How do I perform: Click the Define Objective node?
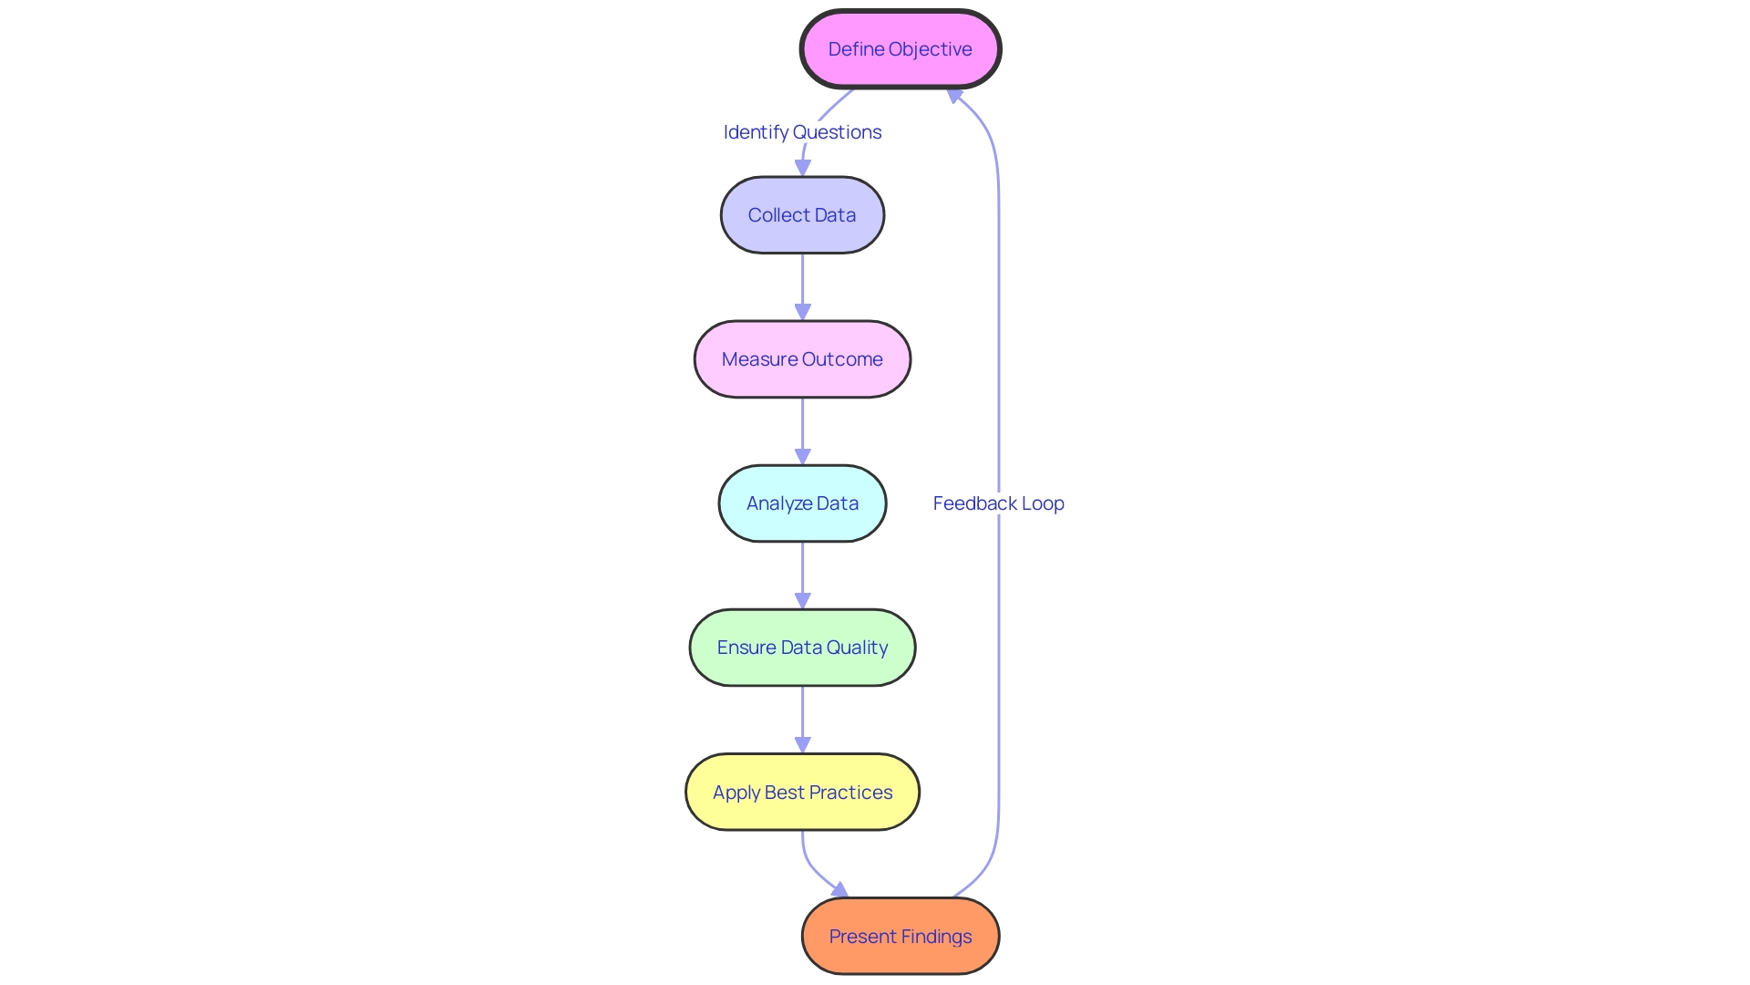901,49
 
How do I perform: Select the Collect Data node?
802,215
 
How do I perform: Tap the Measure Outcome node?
802,359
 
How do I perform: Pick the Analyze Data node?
802,503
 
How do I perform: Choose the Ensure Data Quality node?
802,648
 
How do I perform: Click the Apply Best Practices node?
802,792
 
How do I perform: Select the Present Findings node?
901,936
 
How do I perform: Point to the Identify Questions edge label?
802,132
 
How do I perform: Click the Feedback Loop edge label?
998,503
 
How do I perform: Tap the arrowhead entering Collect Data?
802,168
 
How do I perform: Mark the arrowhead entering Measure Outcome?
802,312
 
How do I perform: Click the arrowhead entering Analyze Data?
802,456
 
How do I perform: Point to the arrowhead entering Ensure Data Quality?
802,600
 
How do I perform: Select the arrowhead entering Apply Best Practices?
802,744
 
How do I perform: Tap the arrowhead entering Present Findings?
840,890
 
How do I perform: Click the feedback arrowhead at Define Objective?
954,95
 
